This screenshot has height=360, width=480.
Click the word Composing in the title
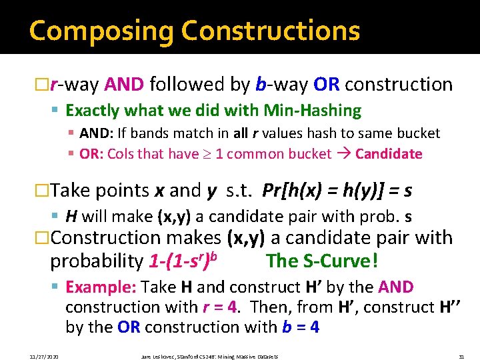(x=100, y=31)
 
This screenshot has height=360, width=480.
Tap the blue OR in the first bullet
(x=327, y=85)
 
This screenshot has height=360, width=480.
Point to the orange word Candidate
(x=389, y=154)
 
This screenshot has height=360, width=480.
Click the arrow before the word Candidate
(x=343, y=154)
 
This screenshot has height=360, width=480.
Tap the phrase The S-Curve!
(x=322, y=261)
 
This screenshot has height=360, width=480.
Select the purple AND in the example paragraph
(x=396, y=287)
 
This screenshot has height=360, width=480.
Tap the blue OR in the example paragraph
(x=128, y=327)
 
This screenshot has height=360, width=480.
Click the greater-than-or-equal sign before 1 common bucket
(x=206, y=154)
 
